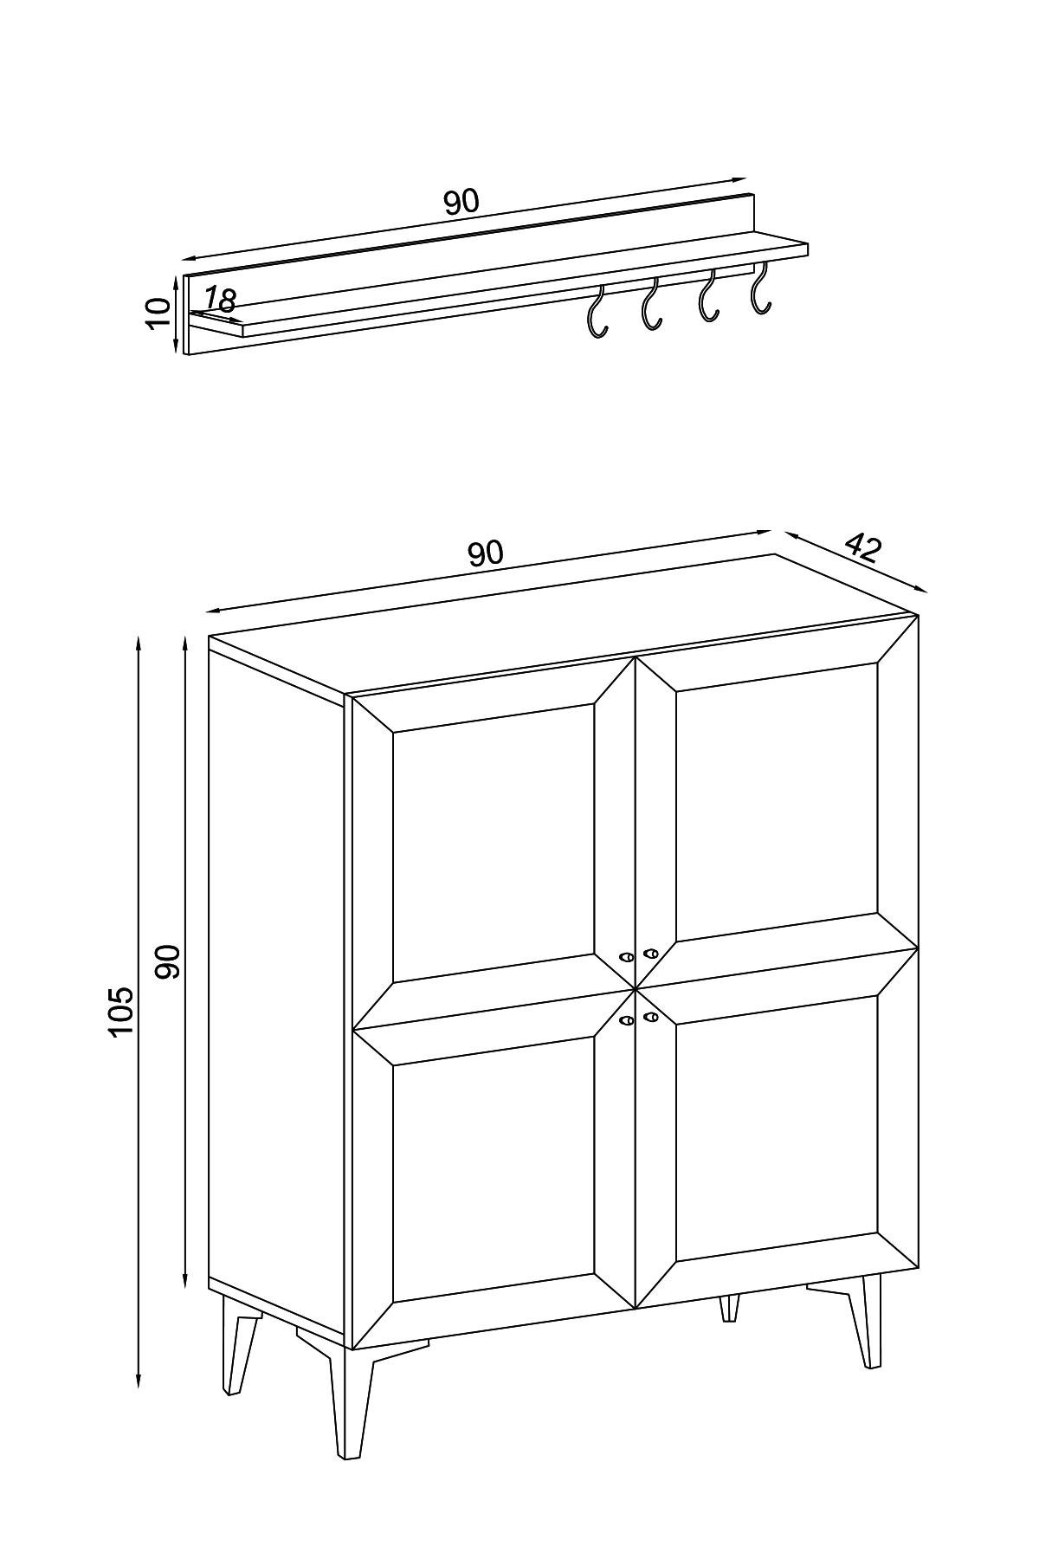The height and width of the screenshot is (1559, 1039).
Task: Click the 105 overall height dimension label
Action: pyautogui.click(x=121, y=1010)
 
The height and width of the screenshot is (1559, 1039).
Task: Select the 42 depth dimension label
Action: pyautogui.click(x=862, y=547)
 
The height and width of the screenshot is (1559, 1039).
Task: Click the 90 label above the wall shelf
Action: pyautogui.click(x=461, y=202)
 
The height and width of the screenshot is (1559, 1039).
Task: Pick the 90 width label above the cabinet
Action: pyautogui.click(x=485, y=553)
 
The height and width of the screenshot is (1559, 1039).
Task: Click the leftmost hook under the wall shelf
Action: pyautogui.click(x=597, y=311)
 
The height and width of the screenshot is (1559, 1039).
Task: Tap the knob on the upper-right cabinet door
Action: pyautogui.click(x=651, y=954)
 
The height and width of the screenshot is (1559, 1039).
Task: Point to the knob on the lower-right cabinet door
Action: pyautogui.click(x=651, y=1016)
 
